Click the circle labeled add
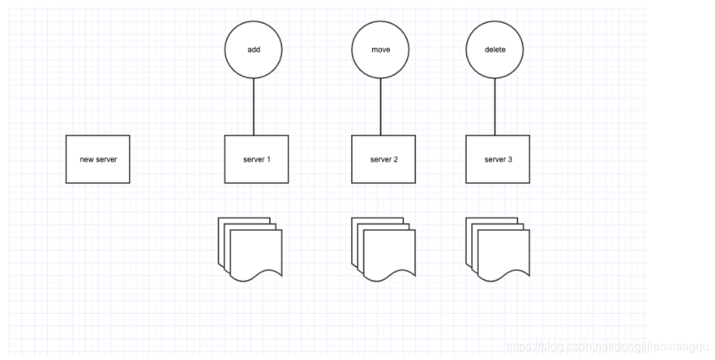[x=253, y=50]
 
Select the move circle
[x=380, y=50]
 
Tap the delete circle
[x=494, y=50]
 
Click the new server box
[x=98, y=159]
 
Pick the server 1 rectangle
[x=256, y=159]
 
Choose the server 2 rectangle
[x=383, y=159]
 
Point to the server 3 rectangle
[x=497, y=159]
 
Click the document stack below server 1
[x=251, y=250]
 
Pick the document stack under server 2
[x=382, y=250]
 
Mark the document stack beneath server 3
[x=497, y=250]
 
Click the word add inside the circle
[x=253, y=50]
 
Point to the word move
[x=380, y=50]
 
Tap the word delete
[x=494, y=50]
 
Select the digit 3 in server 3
[x=510, y=160]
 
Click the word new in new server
[x=86, y=160]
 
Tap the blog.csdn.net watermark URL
[x=607, y=347]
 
